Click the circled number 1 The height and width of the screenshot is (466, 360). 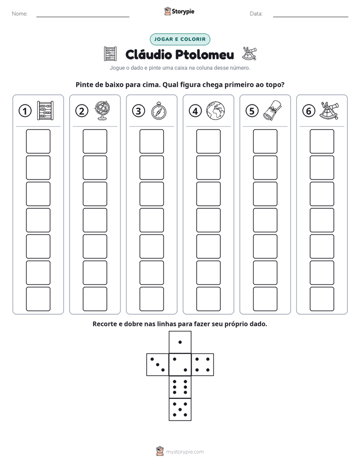tap(25, 111)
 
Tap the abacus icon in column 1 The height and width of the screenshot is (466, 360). tap(45, 110)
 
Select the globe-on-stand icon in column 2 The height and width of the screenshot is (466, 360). tap(102, 110)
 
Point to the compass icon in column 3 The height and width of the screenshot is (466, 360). tap(159, 111)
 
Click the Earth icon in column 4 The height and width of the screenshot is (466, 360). tap(216, 111)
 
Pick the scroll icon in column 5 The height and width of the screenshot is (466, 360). tap(272, 110)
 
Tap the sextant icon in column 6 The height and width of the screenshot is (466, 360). tap(329, 110)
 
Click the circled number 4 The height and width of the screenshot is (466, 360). tap(195, 111)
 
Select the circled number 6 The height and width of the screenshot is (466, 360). tap(309, 111)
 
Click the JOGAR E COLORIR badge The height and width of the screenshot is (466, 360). tap(180, 39)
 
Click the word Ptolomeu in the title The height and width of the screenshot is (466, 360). tap(204, 54)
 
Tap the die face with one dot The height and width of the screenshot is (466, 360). tap(180, 342)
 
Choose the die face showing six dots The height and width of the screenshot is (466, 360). tap(180, 387)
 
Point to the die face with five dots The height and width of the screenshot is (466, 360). tap(180, 409)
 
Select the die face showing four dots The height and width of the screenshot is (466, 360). tap(203, 364)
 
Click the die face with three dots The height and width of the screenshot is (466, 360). tap(158, 364)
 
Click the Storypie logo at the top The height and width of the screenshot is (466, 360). tap(179, 12)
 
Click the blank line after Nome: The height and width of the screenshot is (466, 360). tap(83, 17)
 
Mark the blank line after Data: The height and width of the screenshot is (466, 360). tap(311, 17)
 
